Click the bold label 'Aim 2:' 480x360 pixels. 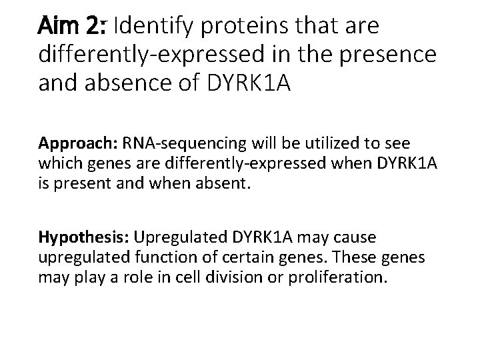(x=74, y=27)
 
